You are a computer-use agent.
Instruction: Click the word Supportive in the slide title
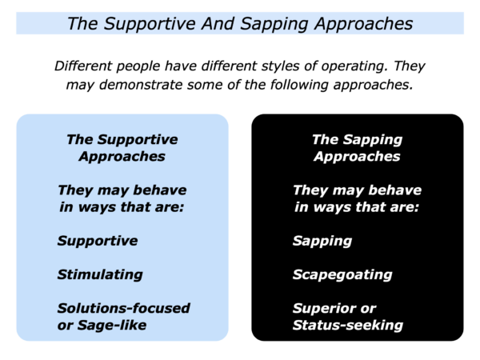pyautogui.click(x=150, y=24)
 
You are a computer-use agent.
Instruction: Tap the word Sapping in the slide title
pyautogui.click(x=274, y=24)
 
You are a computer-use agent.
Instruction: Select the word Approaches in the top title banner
pyautogui.click(x=364, y=24)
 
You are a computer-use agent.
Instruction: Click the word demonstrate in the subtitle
pyautogui.click(x=141, y=85)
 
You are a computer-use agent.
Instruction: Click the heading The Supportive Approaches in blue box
pyautogui.click(x=122, y=148)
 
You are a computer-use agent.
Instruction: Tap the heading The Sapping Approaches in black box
pyautogui.click(x=357, y=148)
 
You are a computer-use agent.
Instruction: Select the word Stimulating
pyautogui.click(x=100, y=274)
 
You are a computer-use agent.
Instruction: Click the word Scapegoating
pyautogui.click(x=342, y=274)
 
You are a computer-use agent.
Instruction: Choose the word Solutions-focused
pyautogui.click(x=124, y=308)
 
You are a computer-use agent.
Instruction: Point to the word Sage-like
pyautogui.click(x=112, y=326)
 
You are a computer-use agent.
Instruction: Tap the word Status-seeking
pyautogui.click(x=348, y=326)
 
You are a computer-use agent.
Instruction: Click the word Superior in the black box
pyautogui.click(x=323, y=308)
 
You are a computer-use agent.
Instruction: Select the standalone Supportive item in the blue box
pyautogui.click(x=98, y=242)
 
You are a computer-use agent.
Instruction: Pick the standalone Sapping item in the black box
pyautogui.click(x=322, y=242)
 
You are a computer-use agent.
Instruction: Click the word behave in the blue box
pyautogui.click(x=160, y=190)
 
